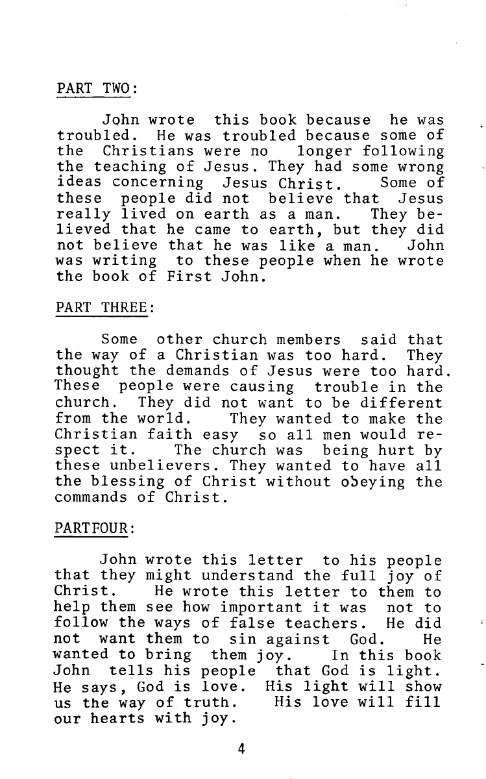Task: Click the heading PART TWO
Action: point(96,88)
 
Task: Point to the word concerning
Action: point(158,183)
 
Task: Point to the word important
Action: point(261,608)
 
